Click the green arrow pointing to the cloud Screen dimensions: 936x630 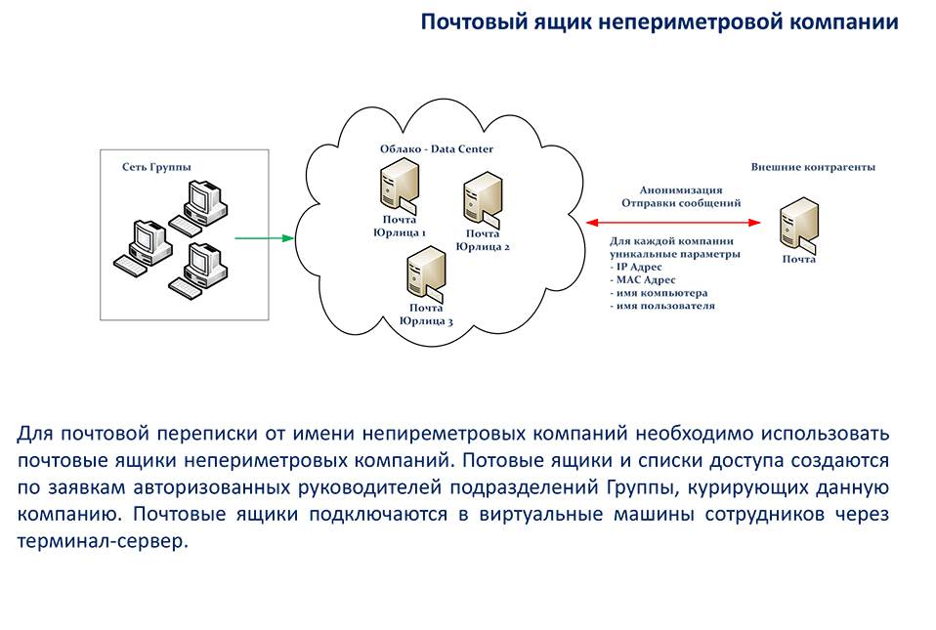[265, 238]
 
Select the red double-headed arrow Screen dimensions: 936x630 [673, 223]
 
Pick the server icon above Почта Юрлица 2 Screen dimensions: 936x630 [483, 198]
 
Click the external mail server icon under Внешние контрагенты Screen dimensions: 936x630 [798, 225]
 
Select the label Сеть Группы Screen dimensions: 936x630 [156, 167]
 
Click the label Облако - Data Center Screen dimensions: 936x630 [437, 149]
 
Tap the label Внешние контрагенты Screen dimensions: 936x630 [813, 167]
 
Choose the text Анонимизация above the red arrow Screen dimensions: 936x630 [681, 190]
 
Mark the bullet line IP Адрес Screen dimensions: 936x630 [636, 267]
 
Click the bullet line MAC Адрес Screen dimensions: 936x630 [643, 279]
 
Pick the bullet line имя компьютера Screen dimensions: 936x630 [659, 293]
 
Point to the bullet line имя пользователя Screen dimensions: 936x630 [662, 306]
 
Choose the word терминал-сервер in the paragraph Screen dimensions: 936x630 [103, 541]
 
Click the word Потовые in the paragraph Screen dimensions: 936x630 [502, 461]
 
